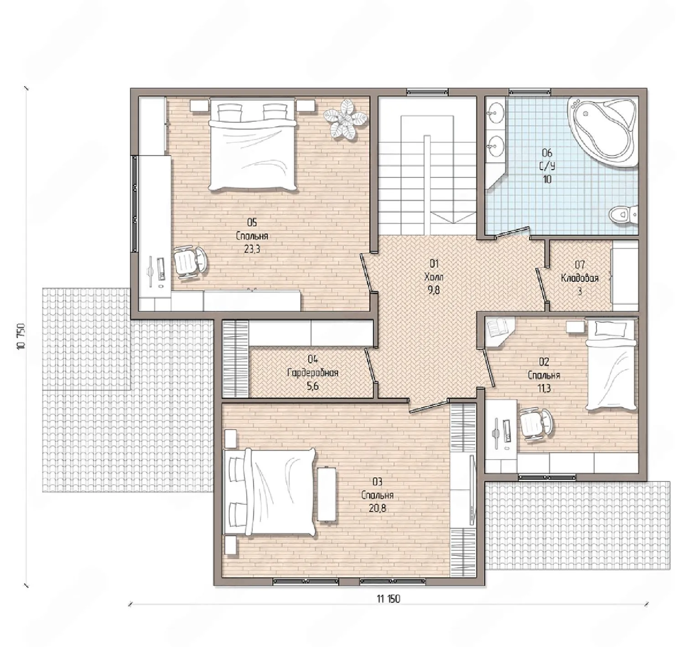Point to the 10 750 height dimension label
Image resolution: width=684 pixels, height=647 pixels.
[x=21, y=336]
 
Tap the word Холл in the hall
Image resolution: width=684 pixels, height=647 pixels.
[x=434, y=277]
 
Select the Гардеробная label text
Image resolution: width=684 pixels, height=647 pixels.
[x=313, y=373]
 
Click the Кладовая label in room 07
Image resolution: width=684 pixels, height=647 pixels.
[x=580, y=278]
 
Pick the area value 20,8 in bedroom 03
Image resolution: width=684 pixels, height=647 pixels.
[x=378, y=508]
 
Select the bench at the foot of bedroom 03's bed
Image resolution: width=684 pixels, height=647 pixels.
[x=326, y=494]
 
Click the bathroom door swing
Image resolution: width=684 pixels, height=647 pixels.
[x=512, y=233]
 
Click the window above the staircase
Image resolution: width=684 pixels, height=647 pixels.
[x=427, y=92]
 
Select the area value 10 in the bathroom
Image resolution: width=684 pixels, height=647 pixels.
[x=547, y=179]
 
